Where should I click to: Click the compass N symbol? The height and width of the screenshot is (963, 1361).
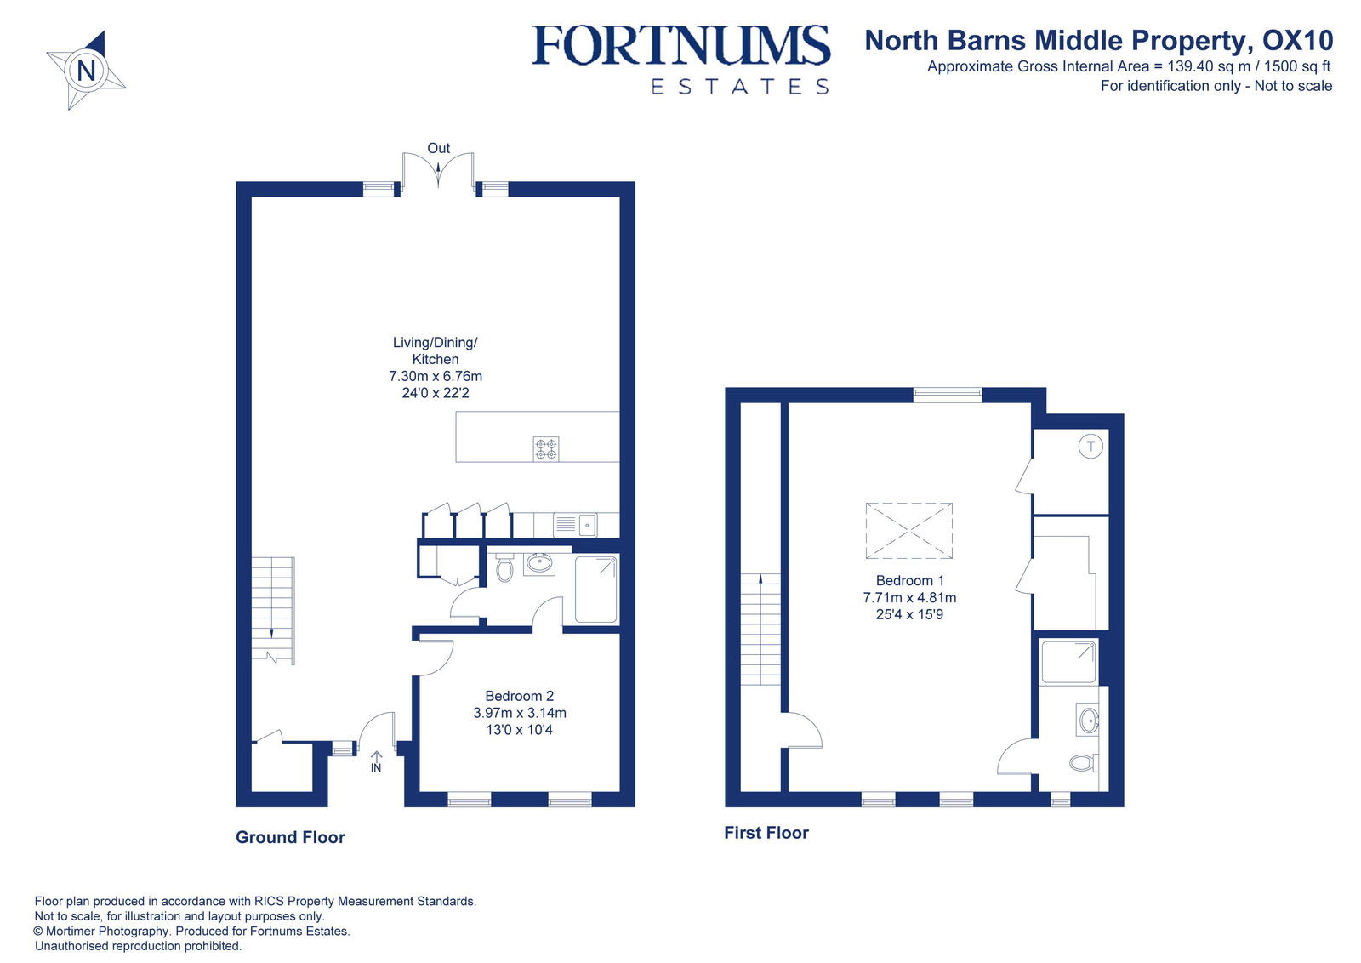[86, 70]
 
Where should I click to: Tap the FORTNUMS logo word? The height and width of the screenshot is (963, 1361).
[680, 46]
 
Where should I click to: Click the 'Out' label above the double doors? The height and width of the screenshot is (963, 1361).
[438, 148]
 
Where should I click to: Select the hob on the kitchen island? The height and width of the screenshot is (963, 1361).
[546, 448]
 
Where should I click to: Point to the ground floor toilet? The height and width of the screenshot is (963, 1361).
[504, 568]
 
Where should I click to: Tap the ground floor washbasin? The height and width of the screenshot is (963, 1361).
[538, 562]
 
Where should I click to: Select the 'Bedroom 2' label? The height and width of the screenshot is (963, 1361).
[519, 696]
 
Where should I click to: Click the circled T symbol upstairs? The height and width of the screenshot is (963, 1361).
[1091, 446]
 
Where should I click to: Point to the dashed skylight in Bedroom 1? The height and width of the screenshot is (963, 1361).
[908, 531]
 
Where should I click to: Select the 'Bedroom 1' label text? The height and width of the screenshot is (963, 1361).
[909, 580]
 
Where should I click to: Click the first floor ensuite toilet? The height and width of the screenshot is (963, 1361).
[1082, 763]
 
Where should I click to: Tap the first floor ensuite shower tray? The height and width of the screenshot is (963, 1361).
[1069, 662]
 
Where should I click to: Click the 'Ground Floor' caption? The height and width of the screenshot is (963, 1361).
[290, 837]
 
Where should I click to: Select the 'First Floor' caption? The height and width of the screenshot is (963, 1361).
[766, 833]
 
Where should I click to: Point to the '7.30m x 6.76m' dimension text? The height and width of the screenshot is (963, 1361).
[436, 376]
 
